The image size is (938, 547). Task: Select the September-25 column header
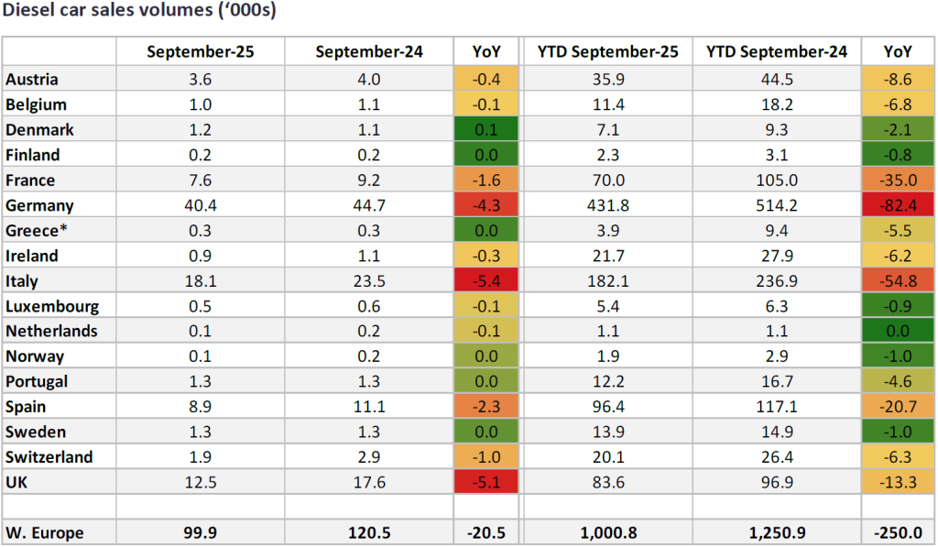200,52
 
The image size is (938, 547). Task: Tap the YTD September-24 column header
777,52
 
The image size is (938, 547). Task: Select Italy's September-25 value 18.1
200,281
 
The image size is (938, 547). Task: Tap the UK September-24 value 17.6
369,482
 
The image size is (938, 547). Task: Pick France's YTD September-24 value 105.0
777,181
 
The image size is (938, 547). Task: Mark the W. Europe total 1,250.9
777,532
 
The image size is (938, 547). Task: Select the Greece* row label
35,231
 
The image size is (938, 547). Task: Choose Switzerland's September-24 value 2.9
369,457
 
